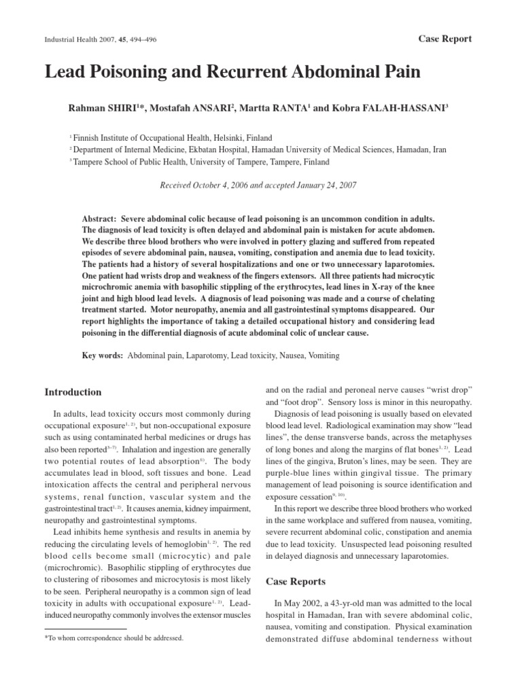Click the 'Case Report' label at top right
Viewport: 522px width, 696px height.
[x=445, y=39]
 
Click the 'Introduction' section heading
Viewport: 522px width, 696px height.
[x=73, y=392]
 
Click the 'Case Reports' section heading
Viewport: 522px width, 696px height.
[x=295, y=581]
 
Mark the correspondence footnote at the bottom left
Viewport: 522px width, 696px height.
[x=114, y=638]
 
